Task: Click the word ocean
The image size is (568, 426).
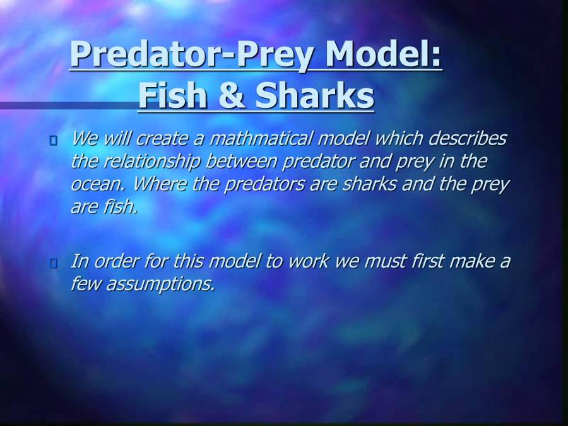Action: (95, 185)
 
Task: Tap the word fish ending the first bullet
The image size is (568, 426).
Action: (121, 207)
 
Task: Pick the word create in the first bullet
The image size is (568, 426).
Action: (170, 138)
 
